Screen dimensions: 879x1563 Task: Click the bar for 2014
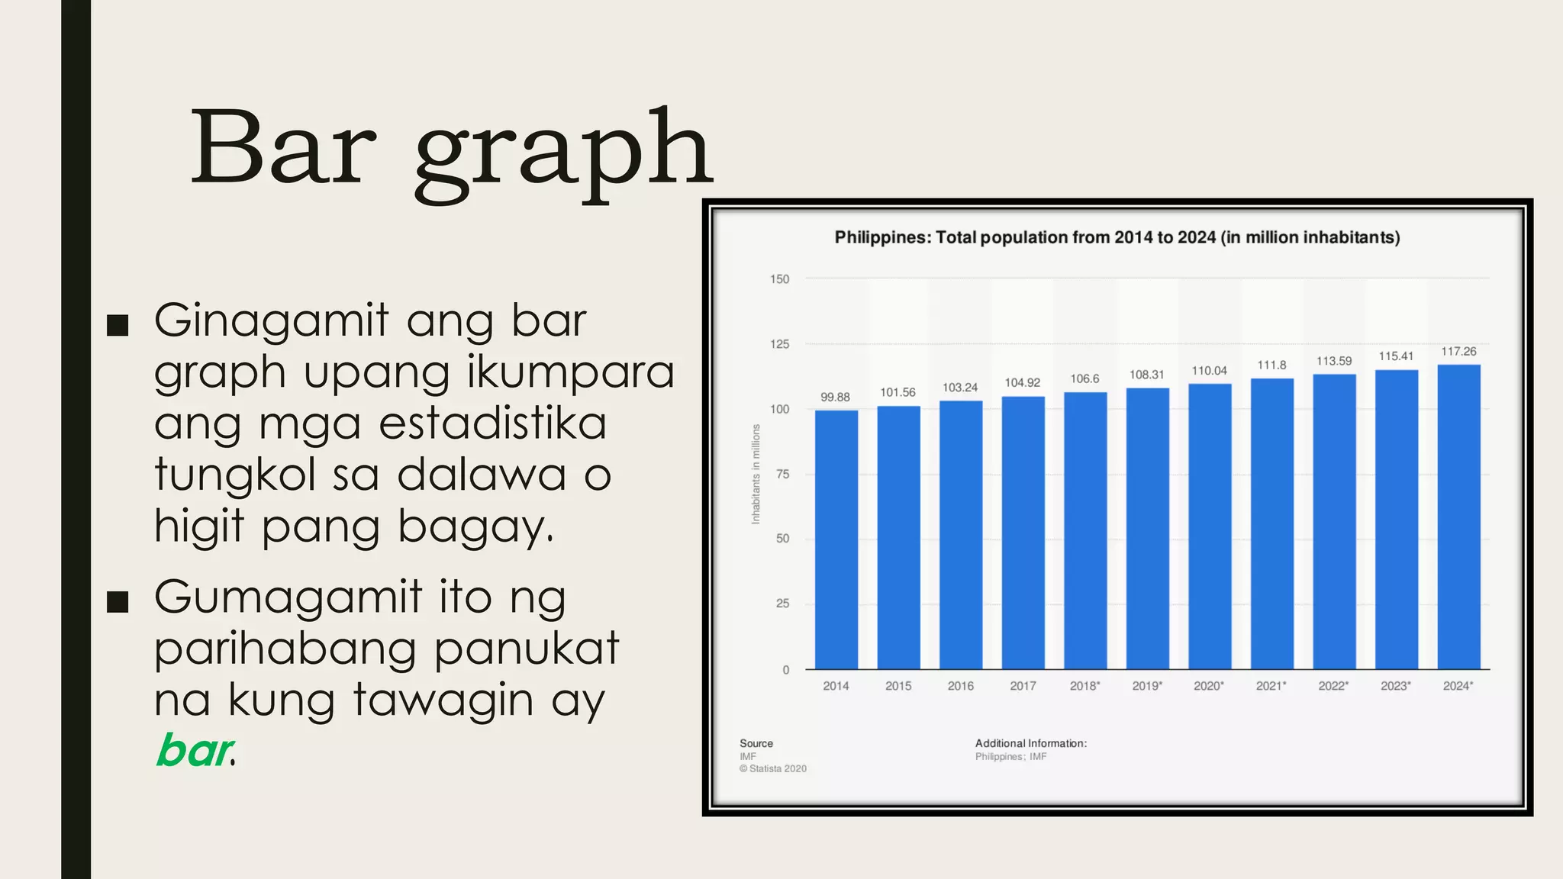(x=836, y=539)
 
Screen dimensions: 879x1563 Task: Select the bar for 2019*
(x=1147, y=528)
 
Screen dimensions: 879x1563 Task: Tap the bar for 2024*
(x=1458, y=517)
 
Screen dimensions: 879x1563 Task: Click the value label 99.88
(x=835, y=397)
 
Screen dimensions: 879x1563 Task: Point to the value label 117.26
(x=1458, y=351)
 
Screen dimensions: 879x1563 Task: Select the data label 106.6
(x=1084, y=378)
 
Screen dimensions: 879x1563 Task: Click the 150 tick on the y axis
(x=779, y=279)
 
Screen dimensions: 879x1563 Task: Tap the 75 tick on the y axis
(x=782, y=474)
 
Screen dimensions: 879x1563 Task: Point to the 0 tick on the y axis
(x=786, y=670)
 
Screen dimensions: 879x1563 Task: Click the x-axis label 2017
(x=1023, y=686)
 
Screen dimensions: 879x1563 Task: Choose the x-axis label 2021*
(x=1271, y=686)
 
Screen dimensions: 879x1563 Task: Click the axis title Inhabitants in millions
(x=756, y=474)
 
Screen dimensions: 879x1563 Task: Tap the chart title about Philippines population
(x=1117, y=237)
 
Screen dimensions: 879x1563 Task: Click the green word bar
(x=192, y=751)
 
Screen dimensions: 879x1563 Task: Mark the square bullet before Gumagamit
(x=118, y=601)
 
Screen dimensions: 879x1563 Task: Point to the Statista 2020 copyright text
(x=772, y=769)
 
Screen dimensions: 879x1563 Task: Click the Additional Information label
(x=1030, y=743)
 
